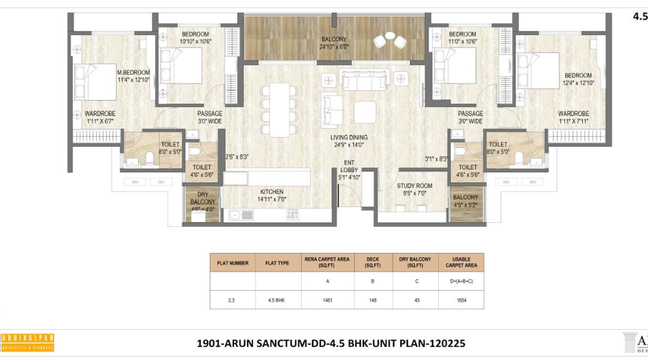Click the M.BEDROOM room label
132,72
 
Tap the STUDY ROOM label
414,186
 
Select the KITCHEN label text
271,192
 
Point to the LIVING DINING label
349,137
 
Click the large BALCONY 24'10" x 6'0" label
335,39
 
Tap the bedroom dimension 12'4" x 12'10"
577,83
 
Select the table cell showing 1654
461,300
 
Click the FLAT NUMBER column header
232,262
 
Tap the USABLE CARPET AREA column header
461,262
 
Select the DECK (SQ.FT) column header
373,262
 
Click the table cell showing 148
373,300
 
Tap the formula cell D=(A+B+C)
461,281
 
